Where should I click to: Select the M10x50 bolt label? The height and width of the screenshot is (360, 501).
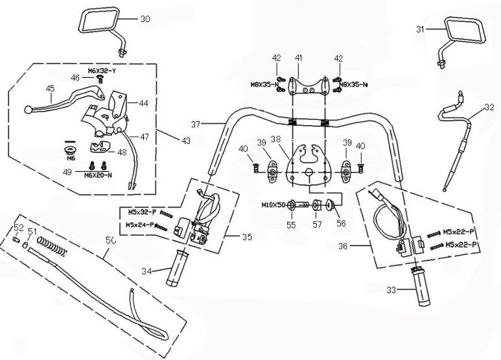tap(274, 205)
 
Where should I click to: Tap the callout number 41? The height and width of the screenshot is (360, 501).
tap(299, 58)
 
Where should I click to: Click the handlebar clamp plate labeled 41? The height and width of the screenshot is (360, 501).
tap(307, 86)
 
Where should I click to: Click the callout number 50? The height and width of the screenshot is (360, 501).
tap(111, 240)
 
